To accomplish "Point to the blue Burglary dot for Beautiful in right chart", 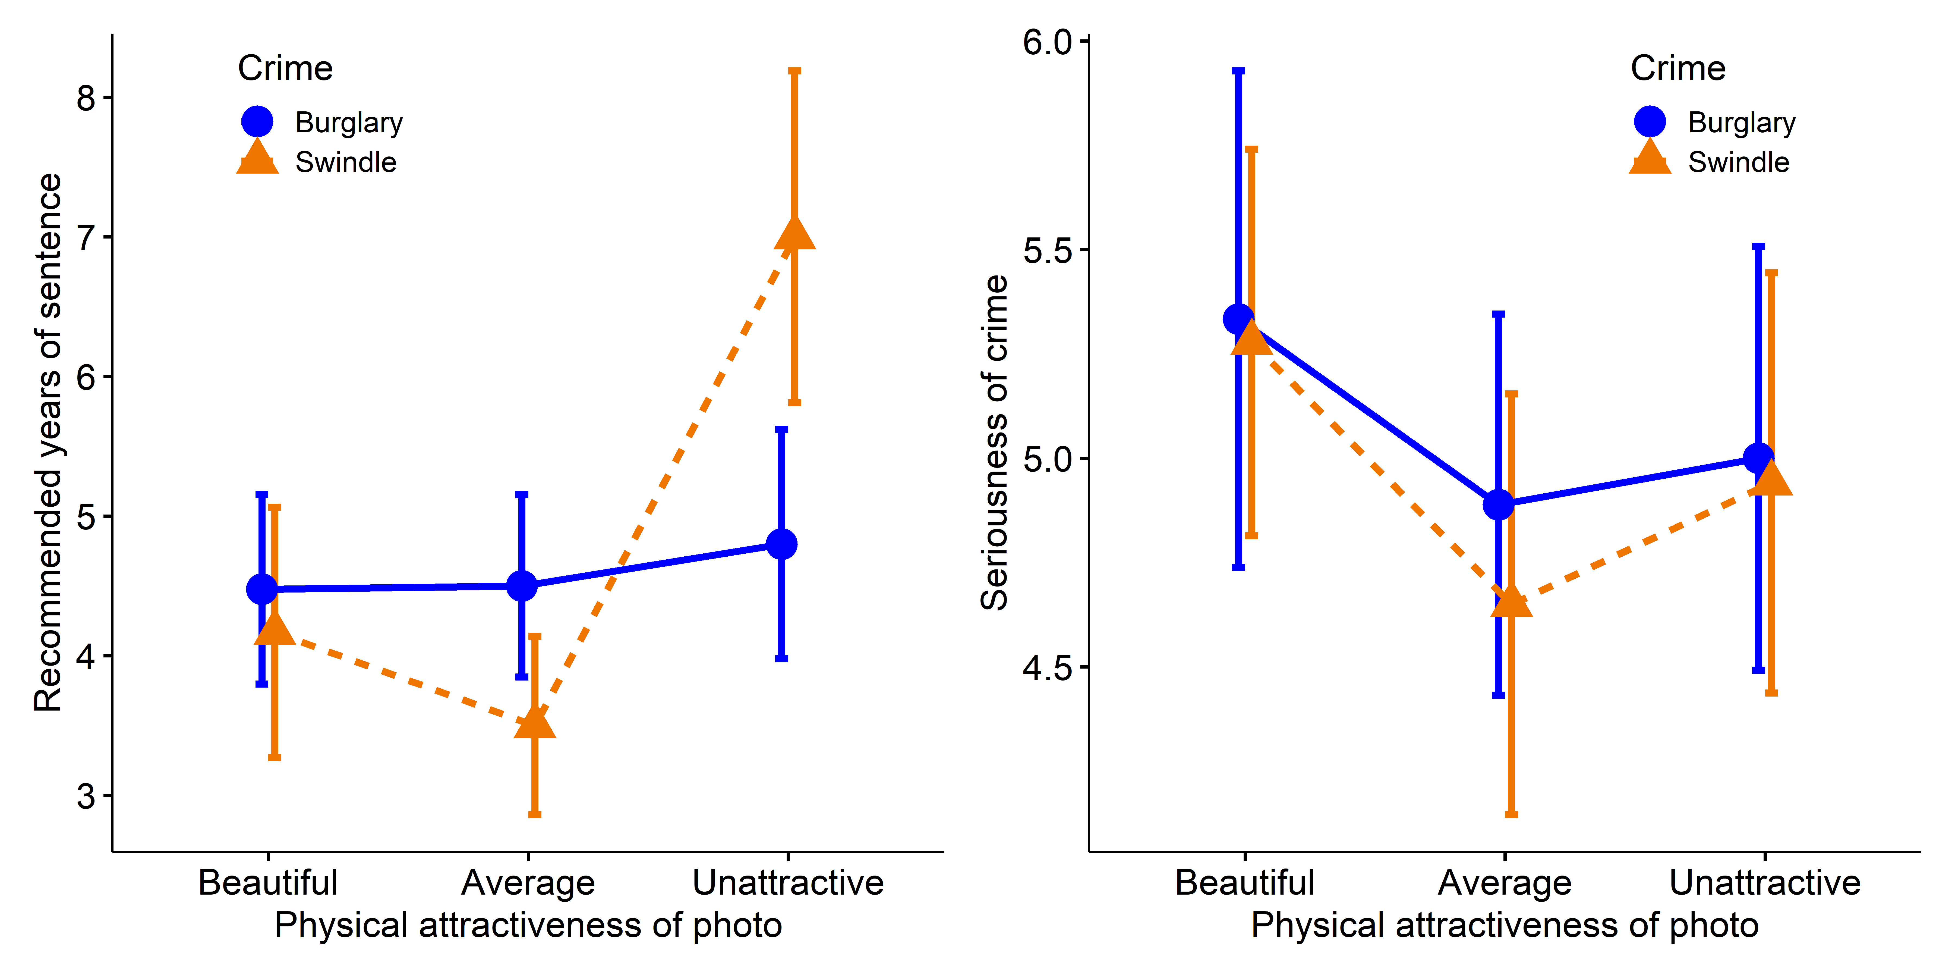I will coord(1238,319).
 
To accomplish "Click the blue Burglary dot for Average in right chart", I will coord(1498,504).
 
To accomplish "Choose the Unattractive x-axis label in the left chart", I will coord(788,882).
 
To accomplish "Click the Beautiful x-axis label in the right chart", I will coord(1245,882).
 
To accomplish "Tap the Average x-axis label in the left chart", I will coord(528,882).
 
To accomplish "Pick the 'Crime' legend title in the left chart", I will coord(285,68).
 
